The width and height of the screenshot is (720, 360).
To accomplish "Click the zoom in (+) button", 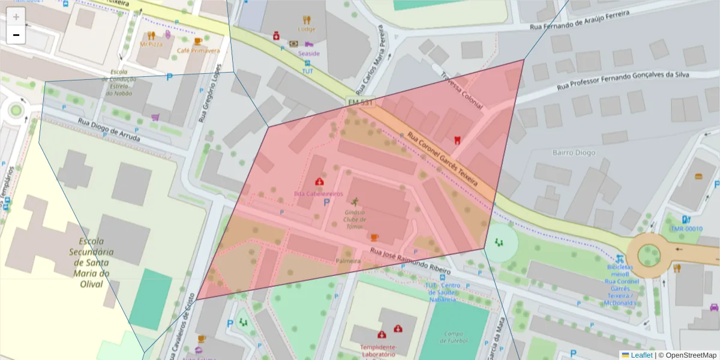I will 16,16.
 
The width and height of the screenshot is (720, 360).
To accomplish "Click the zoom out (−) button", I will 16,35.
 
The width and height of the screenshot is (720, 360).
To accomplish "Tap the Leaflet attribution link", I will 641,355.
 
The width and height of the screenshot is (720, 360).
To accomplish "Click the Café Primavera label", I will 198,51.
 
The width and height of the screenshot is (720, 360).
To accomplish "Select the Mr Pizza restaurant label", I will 151,44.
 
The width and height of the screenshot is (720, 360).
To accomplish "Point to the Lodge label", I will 306,29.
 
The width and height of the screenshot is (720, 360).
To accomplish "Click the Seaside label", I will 309,53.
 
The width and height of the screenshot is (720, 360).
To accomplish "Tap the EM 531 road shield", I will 361,103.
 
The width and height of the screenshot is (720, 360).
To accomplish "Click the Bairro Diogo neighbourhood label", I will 574,152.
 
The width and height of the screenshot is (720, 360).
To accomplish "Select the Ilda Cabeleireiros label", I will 318,194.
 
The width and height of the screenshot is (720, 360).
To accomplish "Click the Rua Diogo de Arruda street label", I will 109,130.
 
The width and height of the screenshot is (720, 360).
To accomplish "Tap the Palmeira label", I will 348,262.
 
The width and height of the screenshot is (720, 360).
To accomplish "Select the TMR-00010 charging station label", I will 686,229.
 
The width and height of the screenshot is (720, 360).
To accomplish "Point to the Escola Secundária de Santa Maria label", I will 92,259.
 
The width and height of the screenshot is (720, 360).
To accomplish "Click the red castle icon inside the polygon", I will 457,140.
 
